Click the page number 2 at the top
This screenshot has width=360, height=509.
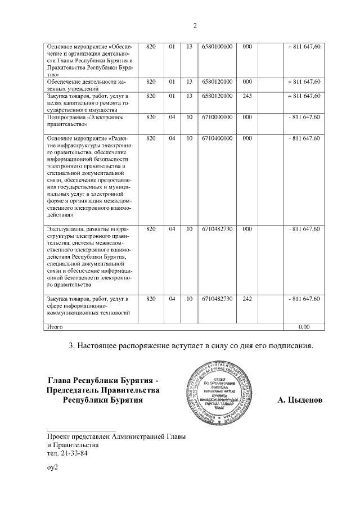pos(195,25)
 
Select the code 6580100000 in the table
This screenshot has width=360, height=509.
pos(217,46)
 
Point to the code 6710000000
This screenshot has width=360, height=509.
pos(217,117)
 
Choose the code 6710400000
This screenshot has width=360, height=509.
pos(217,138)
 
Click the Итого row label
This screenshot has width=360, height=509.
pos(55,326)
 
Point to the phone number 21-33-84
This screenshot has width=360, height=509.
pos(73,453)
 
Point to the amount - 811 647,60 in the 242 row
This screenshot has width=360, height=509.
pos(304,298)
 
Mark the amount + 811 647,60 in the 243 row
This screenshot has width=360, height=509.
pos(304,96)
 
